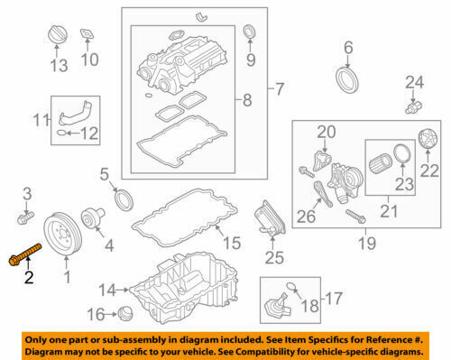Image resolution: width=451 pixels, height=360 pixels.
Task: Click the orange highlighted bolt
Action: (24, 255)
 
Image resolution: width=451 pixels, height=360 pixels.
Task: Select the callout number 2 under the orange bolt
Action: (29, 277)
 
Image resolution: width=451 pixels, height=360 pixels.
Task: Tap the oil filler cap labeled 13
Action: (57, 35)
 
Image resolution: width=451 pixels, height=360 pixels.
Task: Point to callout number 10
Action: (89, 60)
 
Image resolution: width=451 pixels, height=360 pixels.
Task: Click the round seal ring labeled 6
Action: (347, 80)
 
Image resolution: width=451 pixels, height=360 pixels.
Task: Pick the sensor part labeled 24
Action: (414, 107)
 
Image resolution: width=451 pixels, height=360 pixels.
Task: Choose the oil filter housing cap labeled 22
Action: (428, 138)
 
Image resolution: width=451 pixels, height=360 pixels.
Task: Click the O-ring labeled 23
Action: (402, 154)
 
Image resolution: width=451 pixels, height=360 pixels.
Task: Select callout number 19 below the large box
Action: (367, 243)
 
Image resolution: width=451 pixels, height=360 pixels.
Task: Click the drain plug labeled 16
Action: (125, 313)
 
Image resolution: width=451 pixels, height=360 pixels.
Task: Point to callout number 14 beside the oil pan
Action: (107, 291)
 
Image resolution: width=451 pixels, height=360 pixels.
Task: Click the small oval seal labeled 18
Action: (290, 286)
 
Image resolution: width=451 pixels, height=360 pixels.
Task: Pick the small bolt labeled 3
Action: (25, 217)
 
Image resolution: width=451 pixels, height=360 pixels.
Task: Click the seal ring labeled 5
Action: (124, 200)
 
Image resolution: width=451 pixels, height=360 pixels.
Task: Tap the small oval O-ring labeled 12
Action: (61, 133)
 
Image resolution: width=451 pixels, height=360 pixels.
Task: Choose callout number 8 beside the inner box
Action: (247, 99)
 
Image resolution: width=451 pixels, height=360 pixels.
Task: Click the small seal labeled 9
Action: (249, 32)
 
